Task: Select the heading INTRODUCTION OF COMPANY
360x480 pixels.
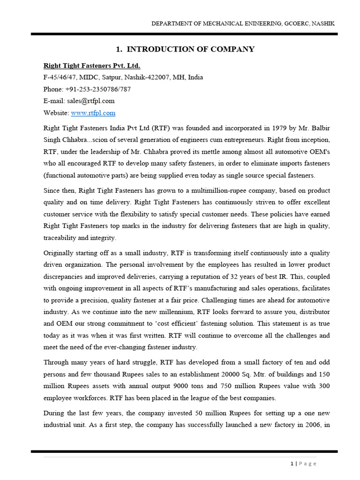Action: tap(190, 49)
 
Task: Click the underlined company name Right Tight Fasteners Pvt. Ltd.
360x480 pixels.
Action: tap(91, 65)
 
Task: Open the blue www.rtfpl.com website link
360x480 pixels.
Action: tap(93, 113)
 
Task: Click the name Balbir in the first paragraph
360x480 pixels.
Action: tap(318, 127)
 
